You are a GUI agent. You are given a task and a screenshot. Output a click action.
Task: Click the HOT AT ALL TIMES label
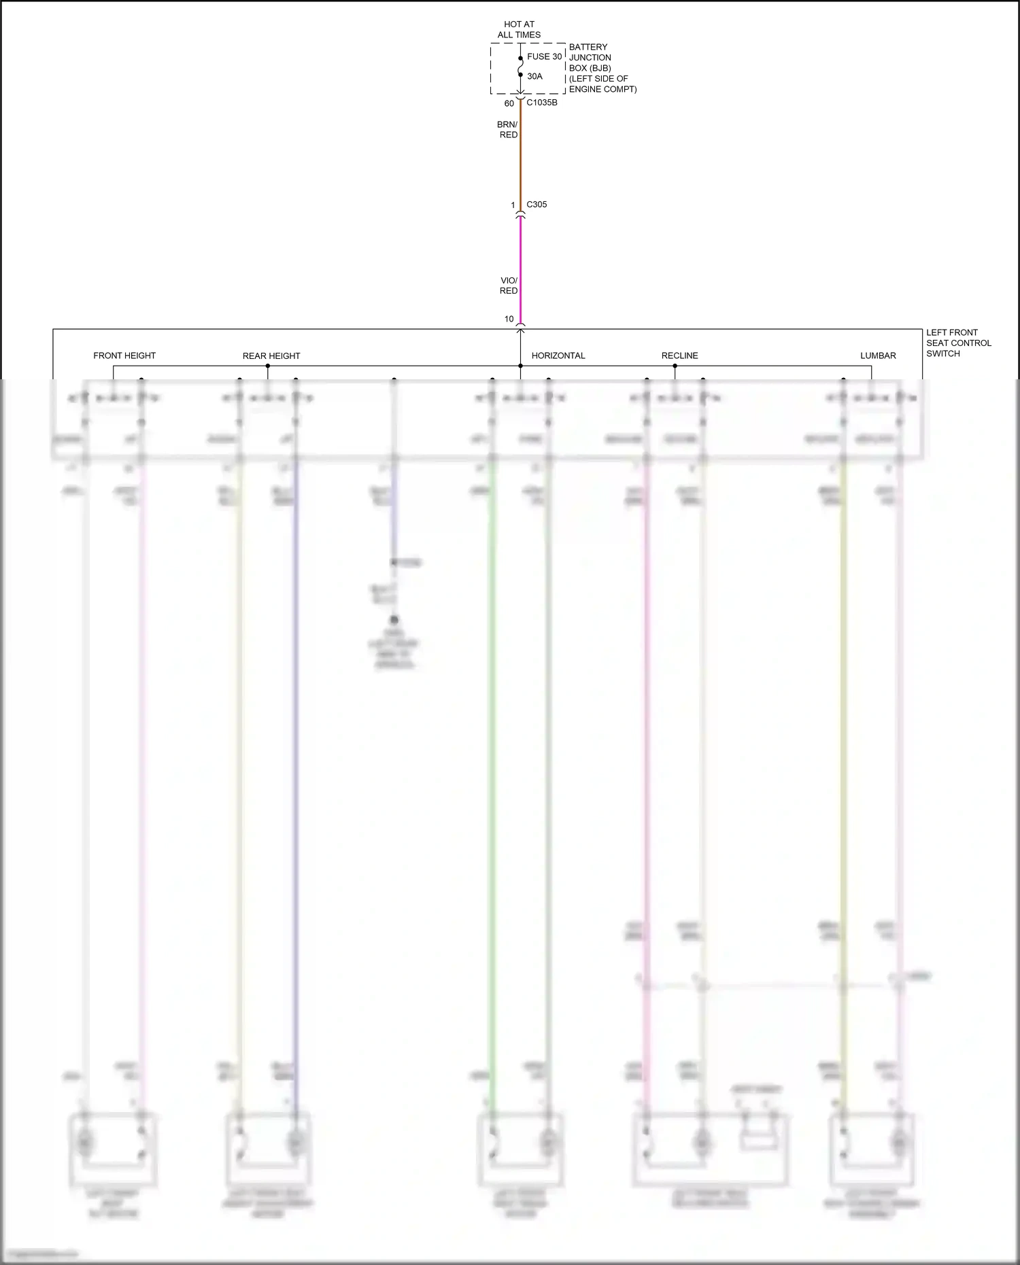519,29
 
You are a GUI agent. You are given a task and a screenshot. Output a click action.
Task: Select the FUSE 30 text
544,57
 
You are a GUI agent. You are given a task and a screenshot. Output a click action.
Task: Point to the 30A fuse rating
534,77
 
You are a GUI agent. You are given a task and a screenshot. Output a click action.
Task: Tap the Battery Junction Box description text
602,68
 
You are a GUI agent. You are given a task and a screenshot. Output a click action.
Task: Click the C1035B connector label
542,103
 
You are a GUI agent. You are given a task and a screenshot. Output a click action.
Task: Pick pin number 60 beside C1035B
509,103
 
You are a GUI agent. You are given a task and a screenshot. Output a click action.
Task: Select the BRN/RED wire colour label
508,130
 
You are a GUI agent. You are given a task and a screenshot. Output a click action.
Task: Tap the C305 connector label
537,205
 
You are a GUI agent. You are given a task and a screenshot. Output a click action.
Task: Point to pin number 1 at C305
513,205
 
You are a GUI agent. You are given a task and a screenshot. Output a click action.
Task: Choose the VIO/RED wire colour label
509,285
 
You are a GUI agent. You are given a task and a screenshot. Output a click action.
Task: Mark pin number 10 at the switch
509,319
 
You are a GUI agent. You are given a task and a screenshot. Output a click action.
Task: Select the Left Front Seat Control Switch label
958,343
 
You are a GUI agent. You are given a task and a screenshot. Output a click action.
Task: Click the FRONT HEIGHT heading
124,356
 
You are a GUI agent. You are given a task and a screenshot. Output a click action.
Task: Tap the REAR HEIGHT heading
271,356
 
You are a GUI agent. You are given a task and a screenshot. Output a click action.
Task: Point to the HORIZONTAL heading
558,356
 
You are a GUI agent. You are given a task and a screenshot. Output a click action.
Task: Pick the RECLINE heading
679,356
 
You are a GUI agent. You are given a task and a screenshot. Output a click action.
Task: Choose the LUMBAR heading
878,356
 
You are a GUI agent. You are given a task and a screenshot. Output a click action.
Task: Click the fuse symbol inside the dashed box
520,67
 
